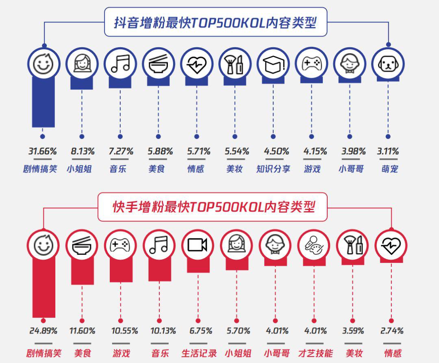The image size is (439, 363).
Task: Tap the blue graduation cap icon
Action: [273, 64]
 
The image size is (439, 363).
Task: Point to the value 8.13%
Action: [83, 151]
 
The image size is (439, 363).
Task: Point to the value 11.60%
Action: [82, 331]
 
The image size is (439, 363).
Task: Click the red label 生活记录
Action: [199, 353]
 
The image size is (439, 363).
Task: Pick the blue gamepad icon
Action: [311, 64]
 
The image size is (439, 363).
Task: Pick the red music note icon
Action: [159, 245]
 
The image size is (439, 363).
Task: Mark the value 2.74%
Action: [391, 331]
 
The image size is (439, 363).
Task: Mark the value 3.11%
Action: [388, 151]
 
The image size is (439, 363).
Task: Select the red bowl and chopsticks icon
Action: [82, 245]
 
